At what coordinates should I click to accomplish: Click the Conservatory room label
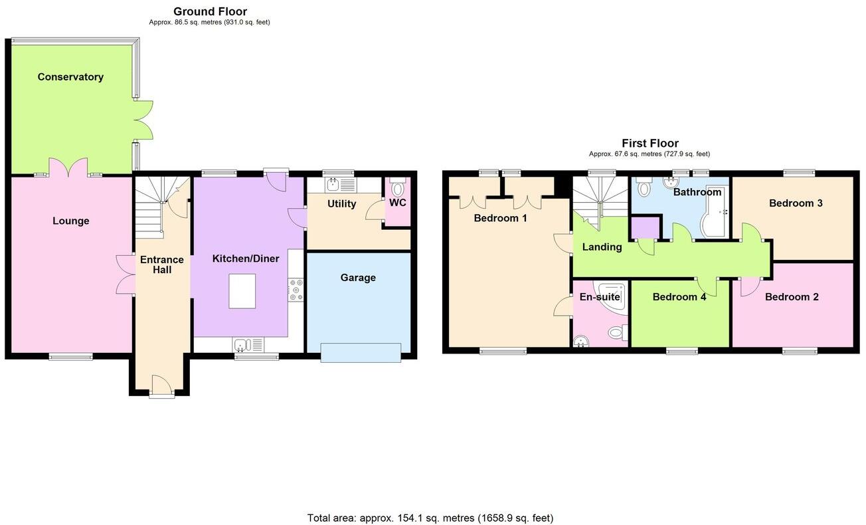70,77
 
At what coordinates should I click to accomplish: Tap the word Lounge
71,221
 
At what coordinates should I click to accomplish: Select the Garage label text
358,278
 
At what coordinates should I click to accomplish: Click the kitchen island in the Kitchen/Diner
242,291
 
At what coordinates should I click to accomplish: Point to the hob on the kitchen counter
296,290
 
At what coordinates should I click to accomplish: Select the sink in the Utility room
332,185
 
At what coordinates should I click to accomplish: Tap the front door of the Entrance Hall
161,385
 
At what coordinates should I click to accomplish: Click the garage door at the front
361,352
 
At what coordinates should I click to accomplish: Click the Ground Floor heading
210,11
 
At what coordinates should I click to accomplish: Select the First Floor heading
649,143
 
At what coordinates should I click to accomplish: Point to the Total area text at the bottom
430,518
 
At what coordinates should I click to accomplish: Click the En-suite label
599,297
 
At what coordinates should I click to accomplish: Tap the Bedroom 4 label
679,297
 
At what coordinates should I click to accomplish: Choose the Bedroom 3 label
795,203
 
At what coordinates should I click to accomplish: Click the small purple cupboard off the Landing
644,227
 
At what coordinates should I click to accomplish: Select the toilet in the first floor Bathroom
643,189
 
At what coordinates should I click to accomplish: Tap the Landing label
602,247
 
